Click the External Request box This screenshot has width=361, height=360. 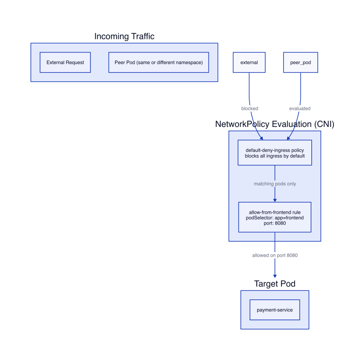point(65,62)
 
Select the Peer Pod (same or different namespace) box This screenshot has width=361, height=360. point(159,62)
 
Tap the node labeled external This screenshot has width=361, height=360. point(249,62)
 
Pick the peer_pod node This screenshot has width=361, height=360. point(301,62)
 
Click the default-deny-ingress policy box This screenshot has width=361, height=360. point(275,153)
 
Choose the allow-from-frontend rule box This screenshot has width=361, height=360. point(275,217)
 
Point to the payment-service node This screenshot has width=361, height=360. point(275,310)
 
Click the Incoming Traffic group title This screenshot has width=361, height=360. point(125,36)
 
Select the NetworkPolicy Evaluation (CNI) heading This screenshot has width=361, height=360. point(275,124)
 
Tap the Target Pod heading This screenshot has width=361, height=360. point(275,284)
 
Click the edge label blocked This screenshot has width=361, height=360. point(250,108)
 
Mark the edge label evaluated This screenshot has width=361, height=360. point(300,108)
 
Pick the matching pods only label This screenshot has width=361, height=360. point(275,184)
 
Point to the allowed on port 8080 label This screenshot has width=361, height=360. point(275,255)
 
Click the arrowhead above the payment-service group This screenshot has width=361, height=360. point(275,276)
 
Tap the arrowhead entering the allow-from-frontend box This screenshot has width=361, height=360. point(275,200)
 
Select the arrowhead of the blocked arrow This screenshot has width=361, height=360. point(262,138)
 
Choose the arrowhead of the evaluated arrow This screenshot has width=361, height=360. point(288,138)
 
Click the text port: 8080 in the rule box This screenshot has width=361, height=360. point(275,223)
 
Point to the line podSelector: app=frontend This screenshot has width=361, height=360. point(275,218)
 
